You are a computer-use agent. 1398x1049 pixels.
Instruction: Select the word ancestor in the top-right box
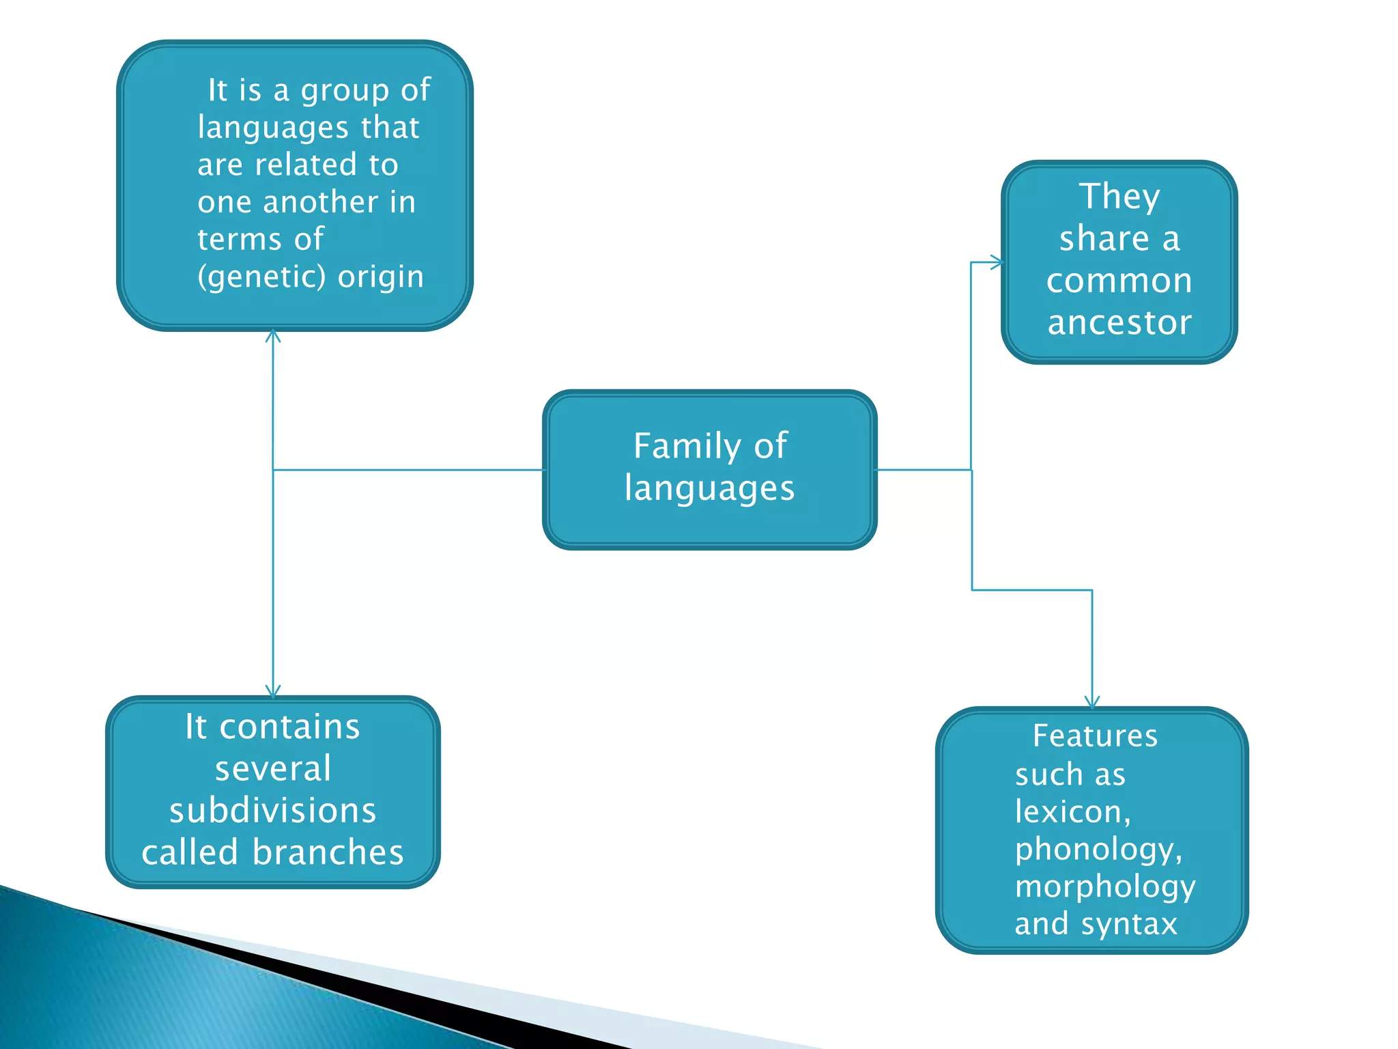(1119, 322)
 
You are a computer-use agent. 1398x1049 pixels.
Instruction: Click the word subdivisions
(272, 811)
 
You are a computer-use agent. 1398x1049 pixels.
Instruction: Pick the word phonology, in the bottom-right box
(1098, 850)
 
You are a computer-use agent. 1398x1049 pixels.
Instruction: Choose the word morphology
(1105, 886)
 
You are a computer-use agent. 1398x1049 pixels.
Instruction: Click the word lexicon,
(1072, 812)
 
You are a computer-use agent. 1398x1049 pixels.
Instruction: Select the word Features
(1095, 736)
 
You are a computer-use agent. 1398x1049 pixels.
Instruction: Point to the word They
(1119, 197)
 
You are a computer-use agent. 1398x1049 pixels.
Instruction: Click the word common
(1119, 281)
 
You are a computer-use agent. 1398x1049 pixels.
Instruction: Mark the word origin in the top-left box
(381, 277)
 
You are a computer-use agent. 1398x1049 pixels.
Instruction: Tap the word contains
(289, 727)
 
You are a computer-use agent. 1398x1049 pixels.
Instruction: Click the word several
(273, 769)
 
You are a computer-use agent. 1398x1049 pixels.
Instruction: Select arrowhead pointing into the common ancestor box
(997, 262)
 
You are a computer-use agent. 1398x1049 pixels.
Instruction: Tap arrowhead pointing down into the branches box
(273, 692)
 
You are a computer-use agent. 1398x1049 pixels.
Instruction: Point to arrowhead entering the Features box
(1092, 703)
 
